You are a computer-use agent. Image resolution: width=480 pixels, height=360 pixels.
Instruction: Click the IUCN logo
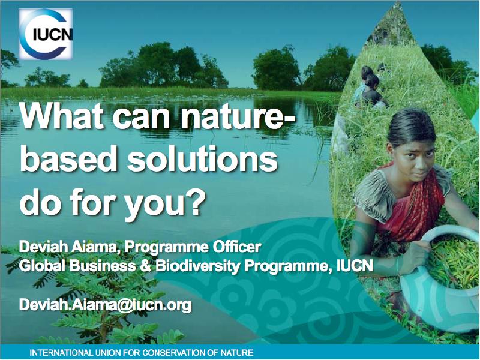pyautogui.click(x=46, y=34)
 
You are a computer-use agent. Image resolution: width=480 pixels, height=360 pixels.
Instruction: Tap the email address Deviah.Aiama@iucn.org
pyautogui.click(x=106, y=305)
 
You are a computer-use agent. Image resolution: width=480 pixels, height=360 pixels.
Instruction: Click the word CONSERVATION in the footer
pyautogui.click(x=174, y=353)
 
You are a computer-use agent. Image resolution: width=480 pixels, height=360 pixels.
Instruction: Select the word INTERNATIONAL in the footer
pyautogui.click(x=61, y=353)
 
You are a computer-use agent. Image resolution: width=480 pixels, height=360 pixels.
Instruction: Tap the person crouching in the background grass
pyautogui.click(x=371, y=89)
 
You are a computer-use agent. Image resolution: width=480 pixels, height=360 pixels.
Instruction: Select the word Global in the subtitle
pyautogui.click(x=42, y=266)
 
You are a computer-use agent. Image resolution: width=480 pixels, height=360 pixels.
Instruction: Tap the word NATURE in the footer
pyautogui.click(x=238, y=353)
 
